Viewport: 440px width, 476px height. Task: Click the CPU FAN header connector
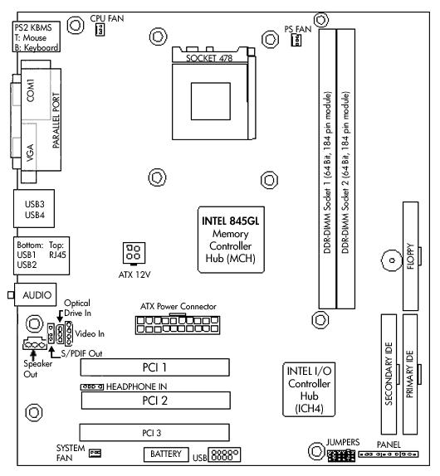click(100, 30)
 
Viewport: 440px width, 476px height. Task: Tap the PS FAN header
click(296, 40)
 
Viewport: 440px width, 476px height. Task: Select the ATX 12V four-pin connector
click(134, 253)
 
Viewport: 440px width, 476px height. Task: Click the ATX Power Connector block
click(178, 325)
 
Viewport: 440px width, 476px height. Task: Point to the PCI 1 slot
click(155, 367)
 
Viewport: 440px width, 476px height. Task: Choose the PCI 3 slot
click(154, 433)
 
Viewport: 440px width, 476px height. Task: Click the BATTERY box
click(166, 454)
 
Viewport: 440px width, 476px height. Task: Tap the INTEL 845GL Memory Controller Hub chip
click(231, 240)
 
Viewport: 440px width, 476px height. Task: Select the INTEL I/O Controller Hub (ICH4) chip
click(309, 390)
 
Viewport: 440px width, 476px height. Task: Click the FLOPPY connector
click(410, 256)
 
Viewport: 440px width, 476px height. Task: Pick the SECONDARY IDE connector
click(389, 374)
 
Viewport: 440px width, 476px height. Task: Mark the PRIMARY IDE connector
click(410, 374)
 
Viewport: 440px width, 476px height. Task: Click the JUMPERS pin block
click(341, 455)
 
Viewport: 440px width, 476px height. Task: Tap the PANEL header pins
click(389, 454)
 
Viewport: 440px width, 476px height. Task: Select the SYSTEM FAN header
click(95, 454)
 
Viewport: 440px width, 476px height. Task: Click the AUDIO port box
click(35, 294)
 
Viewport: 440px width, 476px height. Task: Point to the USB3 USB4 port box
click(34, 208)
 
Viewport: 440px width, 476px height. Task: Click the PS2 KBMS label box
click(37, 36)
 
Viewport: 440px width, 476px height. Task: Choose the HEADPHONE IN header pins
click(92, 387)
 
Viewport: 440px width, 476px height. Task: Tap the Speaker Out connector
click(35, 344)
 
